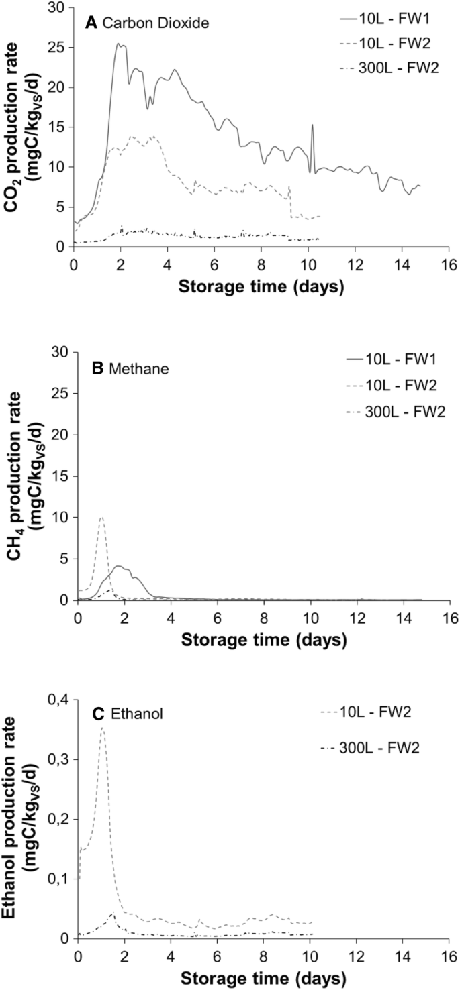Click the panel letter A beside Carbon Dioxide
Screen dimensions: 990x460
[x=91, y=23]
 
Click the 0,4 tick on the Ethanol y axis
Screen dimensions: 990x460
[x=58, y=700]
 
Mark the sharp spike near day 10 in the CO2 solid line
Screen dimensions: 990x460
[x=312, y=125]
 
